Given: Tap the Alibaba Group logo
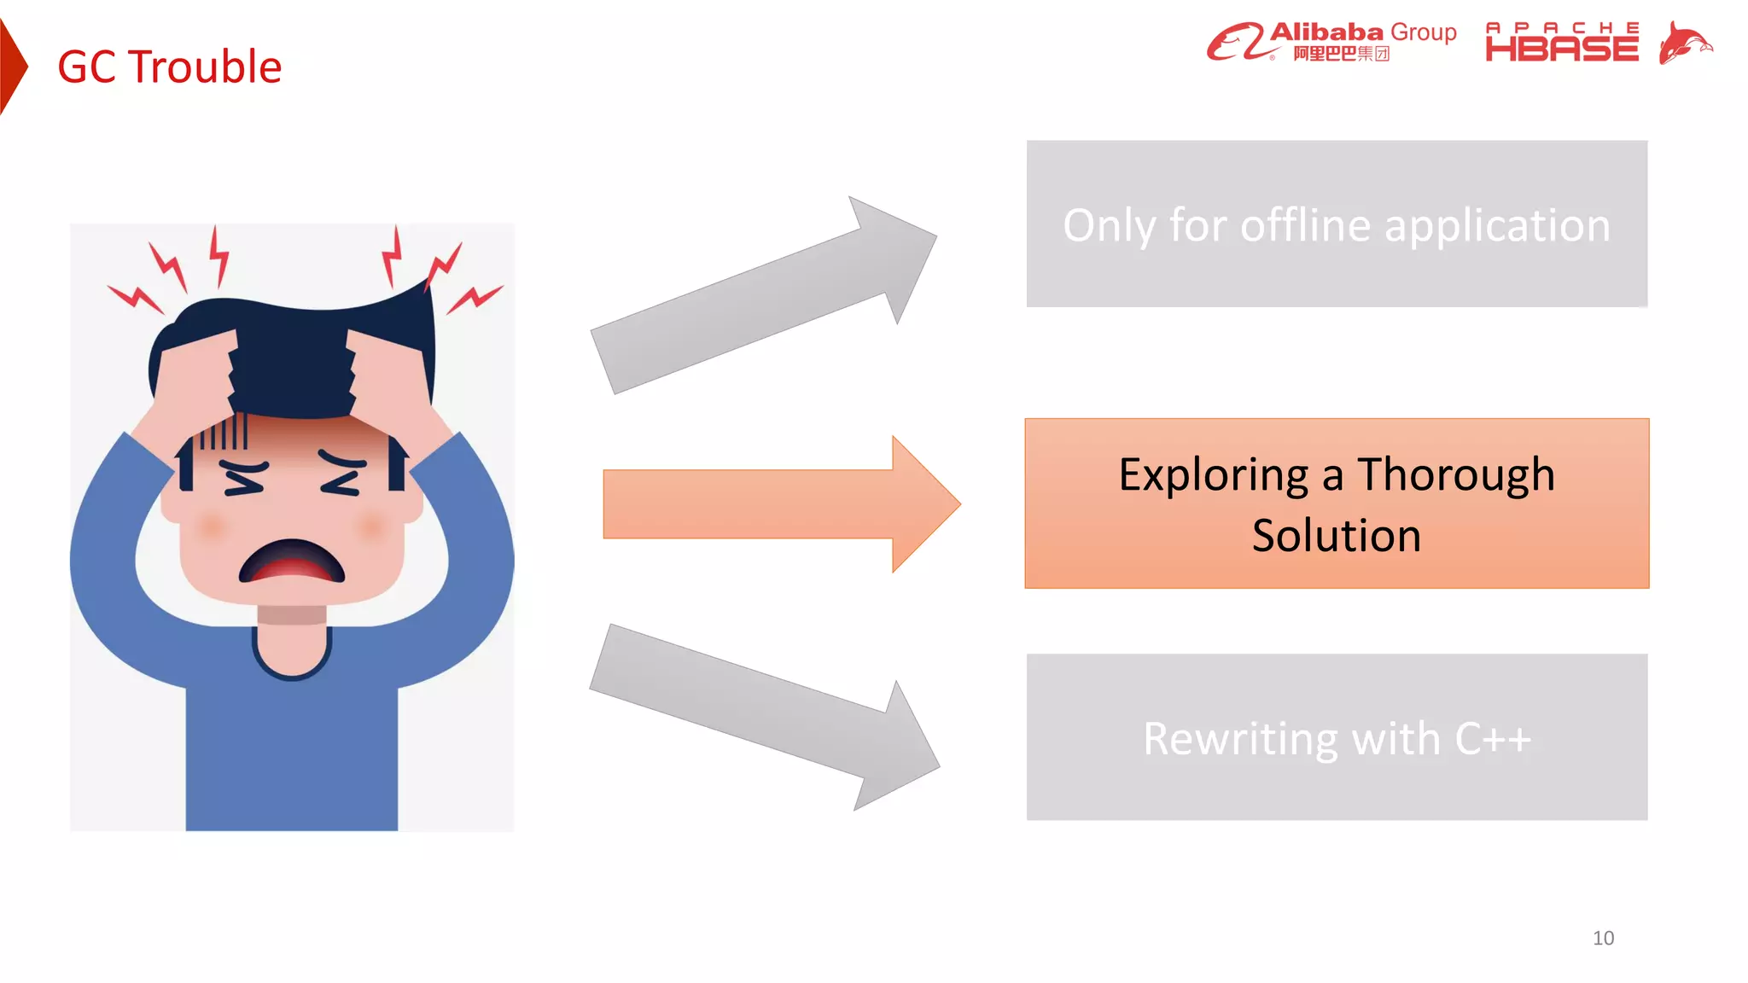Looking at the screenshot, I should point(1331,41).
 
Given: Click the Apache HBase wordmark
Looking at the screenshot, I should point(1562,43).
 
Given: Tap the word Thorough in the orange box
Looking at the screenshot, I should point(1456,474).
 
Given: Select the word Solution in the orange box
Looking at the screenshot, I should point(1337,536).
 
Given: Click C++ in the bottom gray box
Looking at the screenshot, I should point(1493,739).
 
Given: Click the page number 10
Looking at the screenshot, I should point(1603,938).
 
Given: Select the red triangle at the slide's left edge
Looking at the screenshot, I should point(12,67).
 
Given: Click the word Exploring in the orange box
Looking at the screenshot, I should point(1213,474).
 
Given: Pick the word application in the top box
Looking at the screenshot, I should point(1497,226).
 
